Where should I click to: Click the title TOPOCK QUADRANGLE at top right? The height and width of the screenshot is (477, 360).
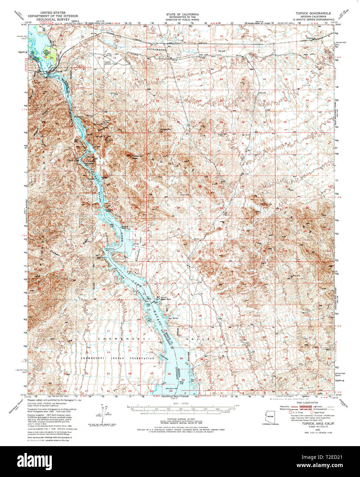312,13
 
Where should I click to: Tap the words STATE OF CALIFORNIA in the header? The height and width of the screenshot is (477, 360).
182,14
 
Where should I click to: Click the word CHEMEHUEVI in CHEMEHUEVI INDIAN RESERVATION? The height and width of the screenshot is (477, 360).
92,358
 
